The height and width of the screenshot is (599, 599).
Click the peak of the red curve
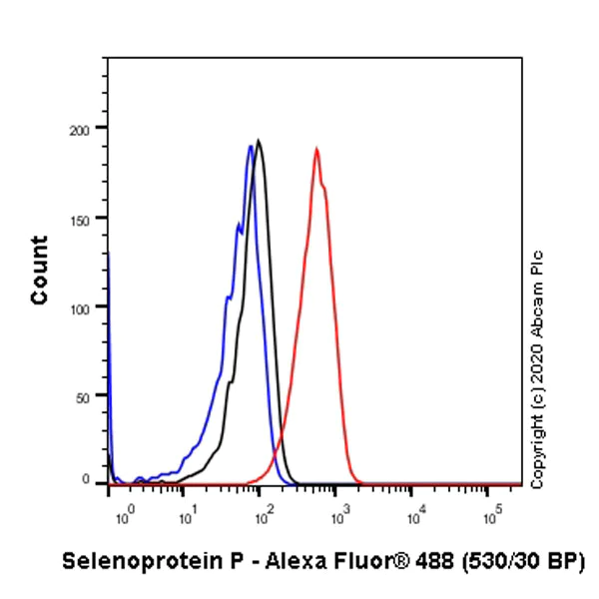[x=316, y=149]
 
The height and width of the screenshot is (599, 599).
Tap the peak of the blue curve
[x=251, y=147]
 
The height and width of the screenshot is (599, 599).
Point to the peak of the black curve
[x=259, y=141]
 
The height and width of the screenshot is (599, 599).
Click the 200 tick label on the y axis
[x=87, y=129]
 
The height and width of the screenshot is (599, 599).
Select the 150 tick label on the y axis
[x=87, y=219]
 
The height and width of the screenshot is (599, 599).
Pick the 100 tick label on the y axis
[x=87, y=307]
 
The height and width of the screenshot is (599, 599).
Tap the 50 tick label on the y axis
[x=91, y=396]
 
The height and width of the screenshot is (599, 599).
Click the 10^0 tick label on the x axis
[x=124, y=516]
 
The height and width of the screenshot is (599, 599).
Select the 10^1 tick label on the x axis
[x=186, y=516]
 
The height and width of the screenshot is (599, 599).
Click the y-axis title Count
[x=40, y=271]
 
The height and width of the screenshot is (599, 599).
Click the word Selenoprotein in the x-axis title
[x=129, y=561]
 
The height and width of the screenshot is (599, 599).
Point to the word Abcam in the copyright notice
[x=539, y=305]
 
